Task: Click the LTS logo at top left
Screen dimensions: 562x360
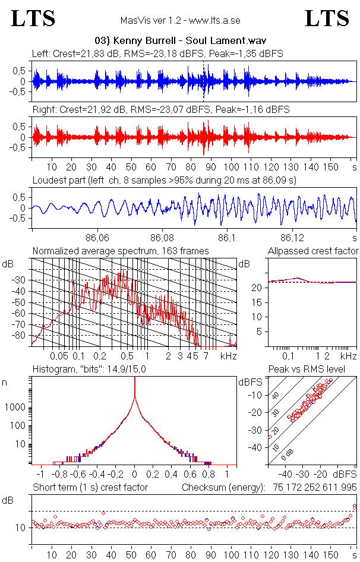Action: pos(33,19)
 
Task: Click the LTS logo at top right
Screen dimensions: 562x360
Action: pos(327,19)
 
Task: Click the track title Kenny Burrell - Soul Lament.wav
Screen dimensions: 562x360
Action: pos(180,41)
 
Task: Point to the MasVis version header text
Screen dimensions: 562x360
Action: pos(181,20)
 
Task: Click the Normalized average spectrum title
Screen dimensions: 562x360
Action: pos(121,251)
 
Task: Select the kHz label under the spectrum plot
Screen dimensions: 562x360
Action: pos(228,356)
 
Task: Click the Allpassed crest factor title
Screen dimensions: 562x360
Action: pos(314,251)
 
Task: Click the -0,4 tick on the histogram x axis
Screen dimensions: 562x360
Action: pos(97,475)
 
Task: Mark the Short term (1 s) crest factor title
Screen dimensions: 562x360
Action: pos(90,488)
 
